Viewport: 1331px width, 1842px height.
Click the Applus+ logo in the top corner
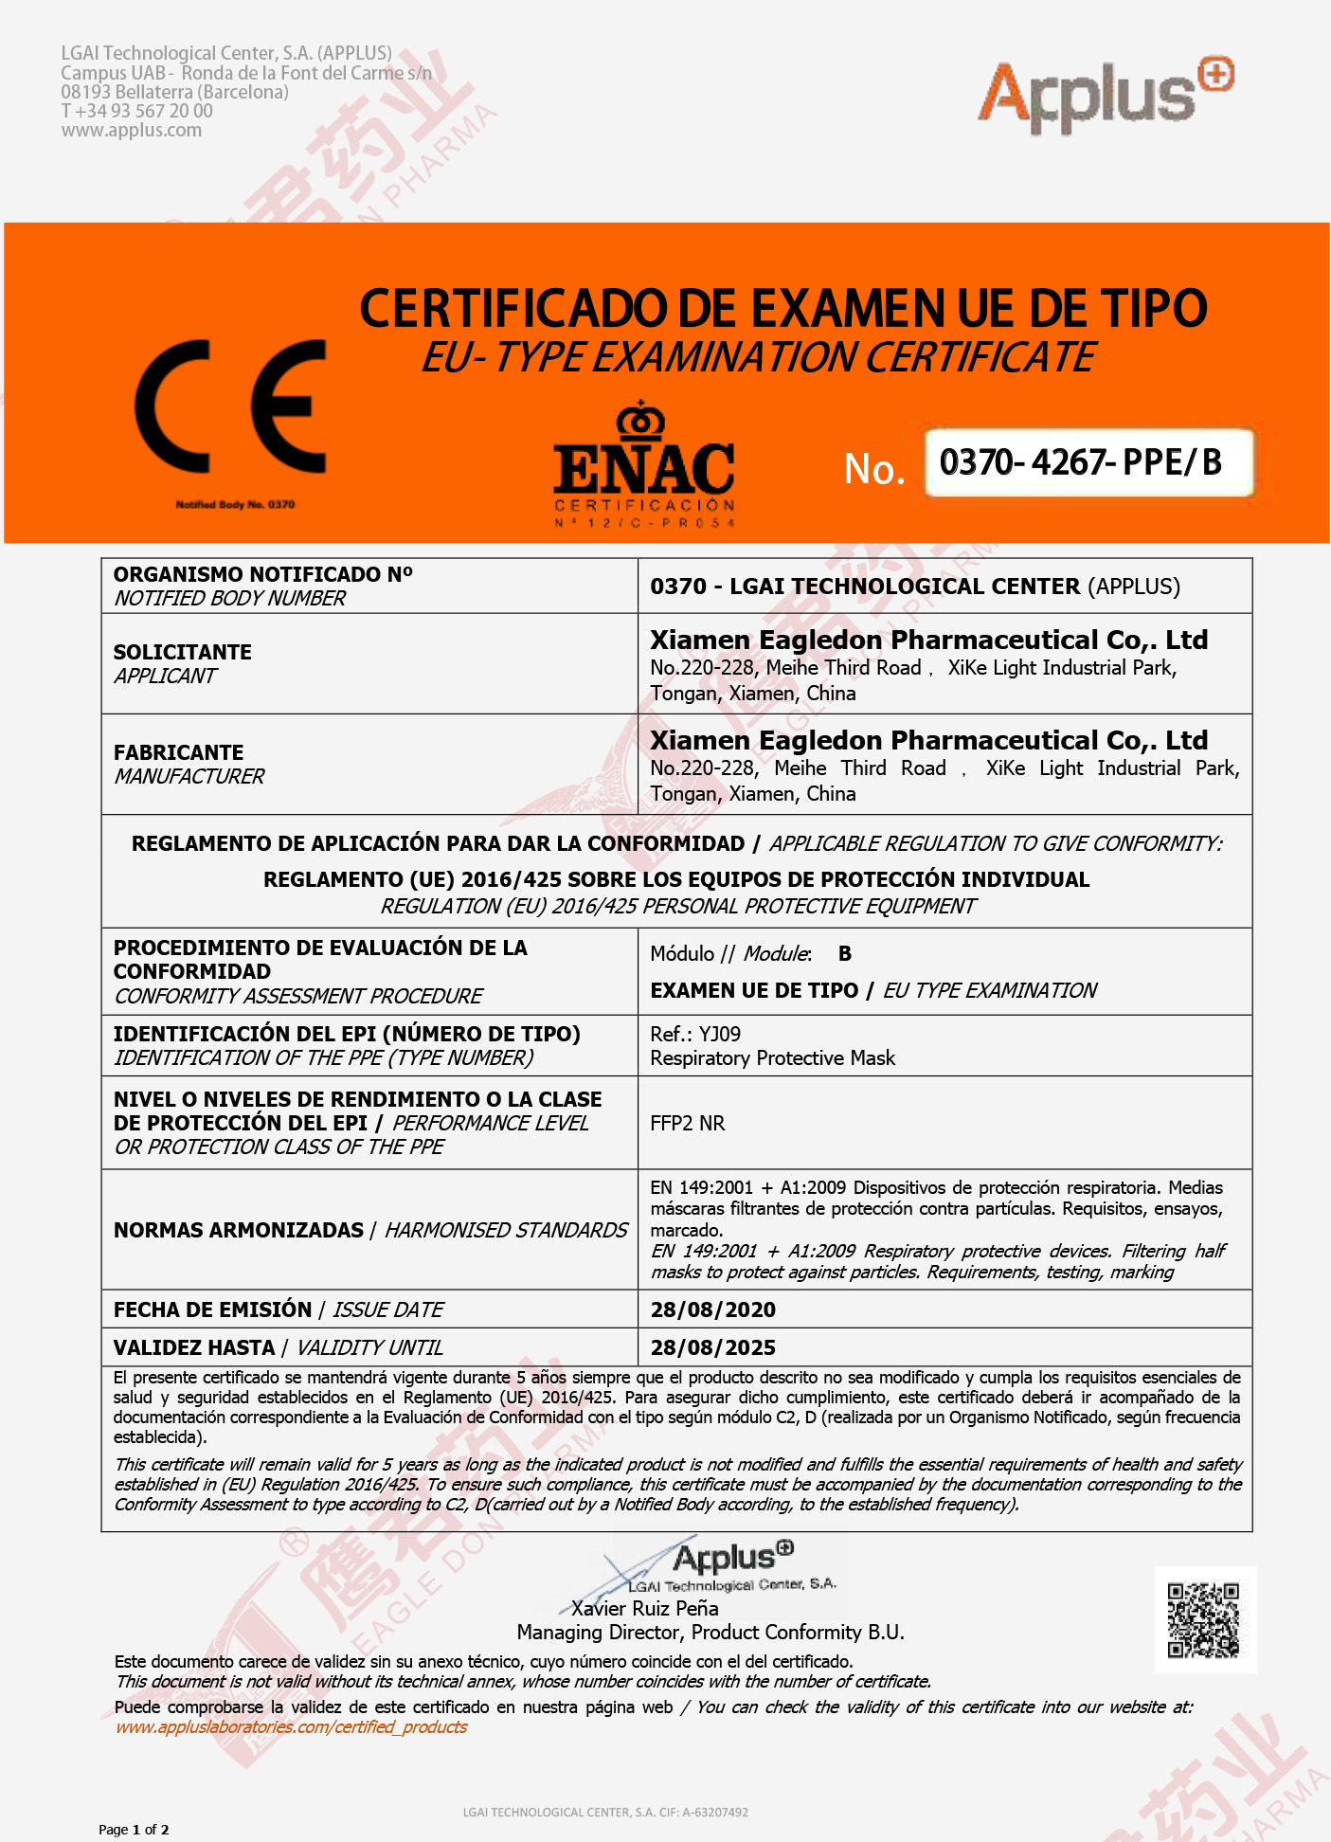pos(1105,95)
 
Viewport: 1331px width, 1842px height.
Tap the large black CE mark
pos(230,406)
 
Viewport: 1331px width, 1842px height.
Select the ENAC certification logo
pos(644,465)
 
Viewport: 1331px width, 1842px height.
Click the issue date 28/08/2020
pos(712,1309)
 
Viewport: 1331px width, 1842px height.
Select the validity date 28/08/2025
pos(712,1347)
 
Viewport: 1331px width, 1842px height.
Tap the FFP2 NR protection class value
pos(687,1123)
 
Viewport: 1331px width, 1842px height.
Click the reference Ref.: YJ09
pos(695,1034)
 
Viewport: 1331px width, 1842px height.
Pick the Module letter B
pos(844,953)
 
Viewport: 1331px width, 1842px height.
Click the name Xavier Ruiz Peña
pos(644,1608)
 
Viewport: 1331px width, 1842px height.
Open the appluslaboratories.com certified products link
pos(291,1726)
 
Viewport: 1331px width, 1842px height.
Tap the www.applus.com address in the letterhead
pos(131,130)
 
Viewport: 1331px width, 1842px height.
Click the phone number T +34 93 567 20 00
pos(136,111)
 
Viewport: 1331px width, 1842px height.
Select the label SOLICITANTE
pos(183,652)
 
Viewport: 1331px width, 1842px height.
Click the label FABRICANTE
pos(178,752)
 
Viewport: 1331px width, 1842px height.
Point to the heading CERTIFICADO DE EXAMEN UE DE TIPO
pos(782,309)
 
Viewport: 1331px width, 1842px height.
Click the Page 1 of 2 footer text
pos(134,1829)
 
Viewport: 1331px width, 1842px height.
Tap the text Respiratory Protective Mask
pos(772,1057)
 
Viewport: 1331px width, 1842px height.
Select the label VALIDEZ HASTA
pos(194,1347)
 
